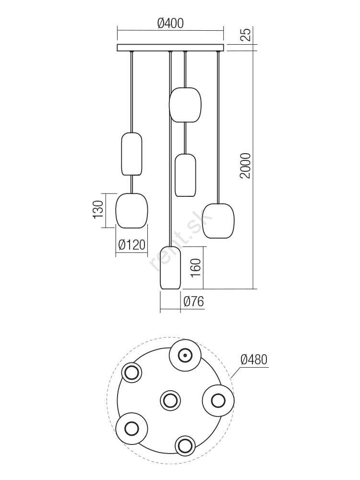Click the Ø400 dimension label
coord(170,23)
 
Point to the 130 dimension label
coord(98,210)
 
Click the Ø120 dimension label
coord(132,245)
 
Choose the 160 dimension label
coord(196,268)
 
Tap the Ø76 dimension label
coord(193,301)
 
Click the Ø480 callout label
coord(254,359)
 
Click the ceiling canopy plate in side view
coord(171,48)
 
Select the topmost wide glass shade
coord(185,105)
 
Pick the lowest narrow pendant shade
coord(170,267)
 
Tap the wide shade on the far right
coord(218,221)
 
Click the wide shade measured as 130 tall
coord(132,211)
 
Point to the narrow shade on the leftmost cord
coord(132,154)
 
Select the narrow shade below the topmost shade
coord(185,175)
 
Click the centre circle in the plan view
coord(170,400)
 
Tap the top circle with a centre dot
coord(185,355)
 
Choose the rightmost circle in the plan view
coord(218,400)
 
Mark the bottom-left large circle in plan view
coord(132,428)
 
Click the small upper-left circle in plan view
coord(132,372)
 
